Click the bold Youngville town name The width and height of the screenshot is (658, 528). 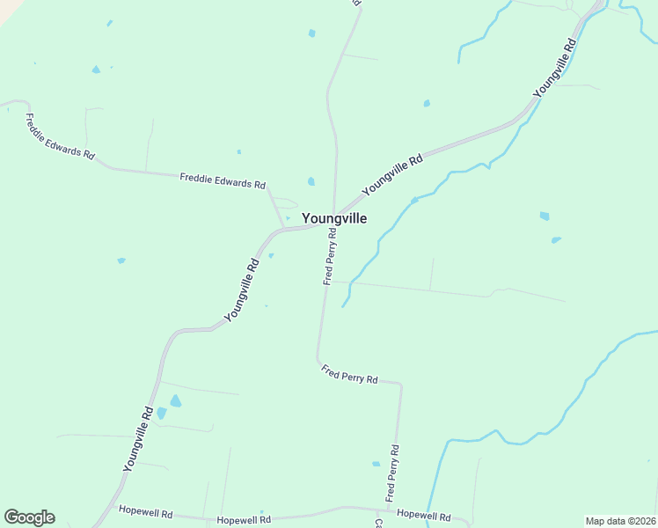334,218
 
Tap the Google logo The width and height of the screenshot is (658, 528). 29,517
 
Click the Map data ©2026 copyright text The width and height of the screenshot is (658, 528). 620,521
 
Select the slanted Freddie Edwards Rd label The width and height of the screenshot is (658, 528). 60,136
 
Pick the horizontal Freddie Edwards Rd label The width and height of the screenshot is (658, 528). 223,181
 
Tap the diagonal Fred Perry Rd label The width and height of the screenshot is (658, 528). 349,374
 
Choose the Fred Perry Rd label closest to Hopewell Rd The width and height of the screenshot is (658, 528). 392,473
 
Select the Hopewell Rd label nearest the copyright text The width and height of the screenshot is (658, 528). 424,516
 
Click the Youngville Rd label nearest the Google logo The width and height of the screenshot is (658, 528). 139,439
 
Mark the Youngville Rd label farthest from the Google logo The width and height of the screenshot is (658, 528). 554,68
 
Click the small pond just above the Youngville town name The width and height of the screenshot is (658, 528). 311,182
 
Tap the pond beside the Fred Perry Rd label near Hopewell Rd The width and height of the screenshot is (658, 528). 376,464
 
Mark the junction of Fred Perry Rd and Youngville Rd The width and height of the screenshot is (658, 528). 333,220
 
